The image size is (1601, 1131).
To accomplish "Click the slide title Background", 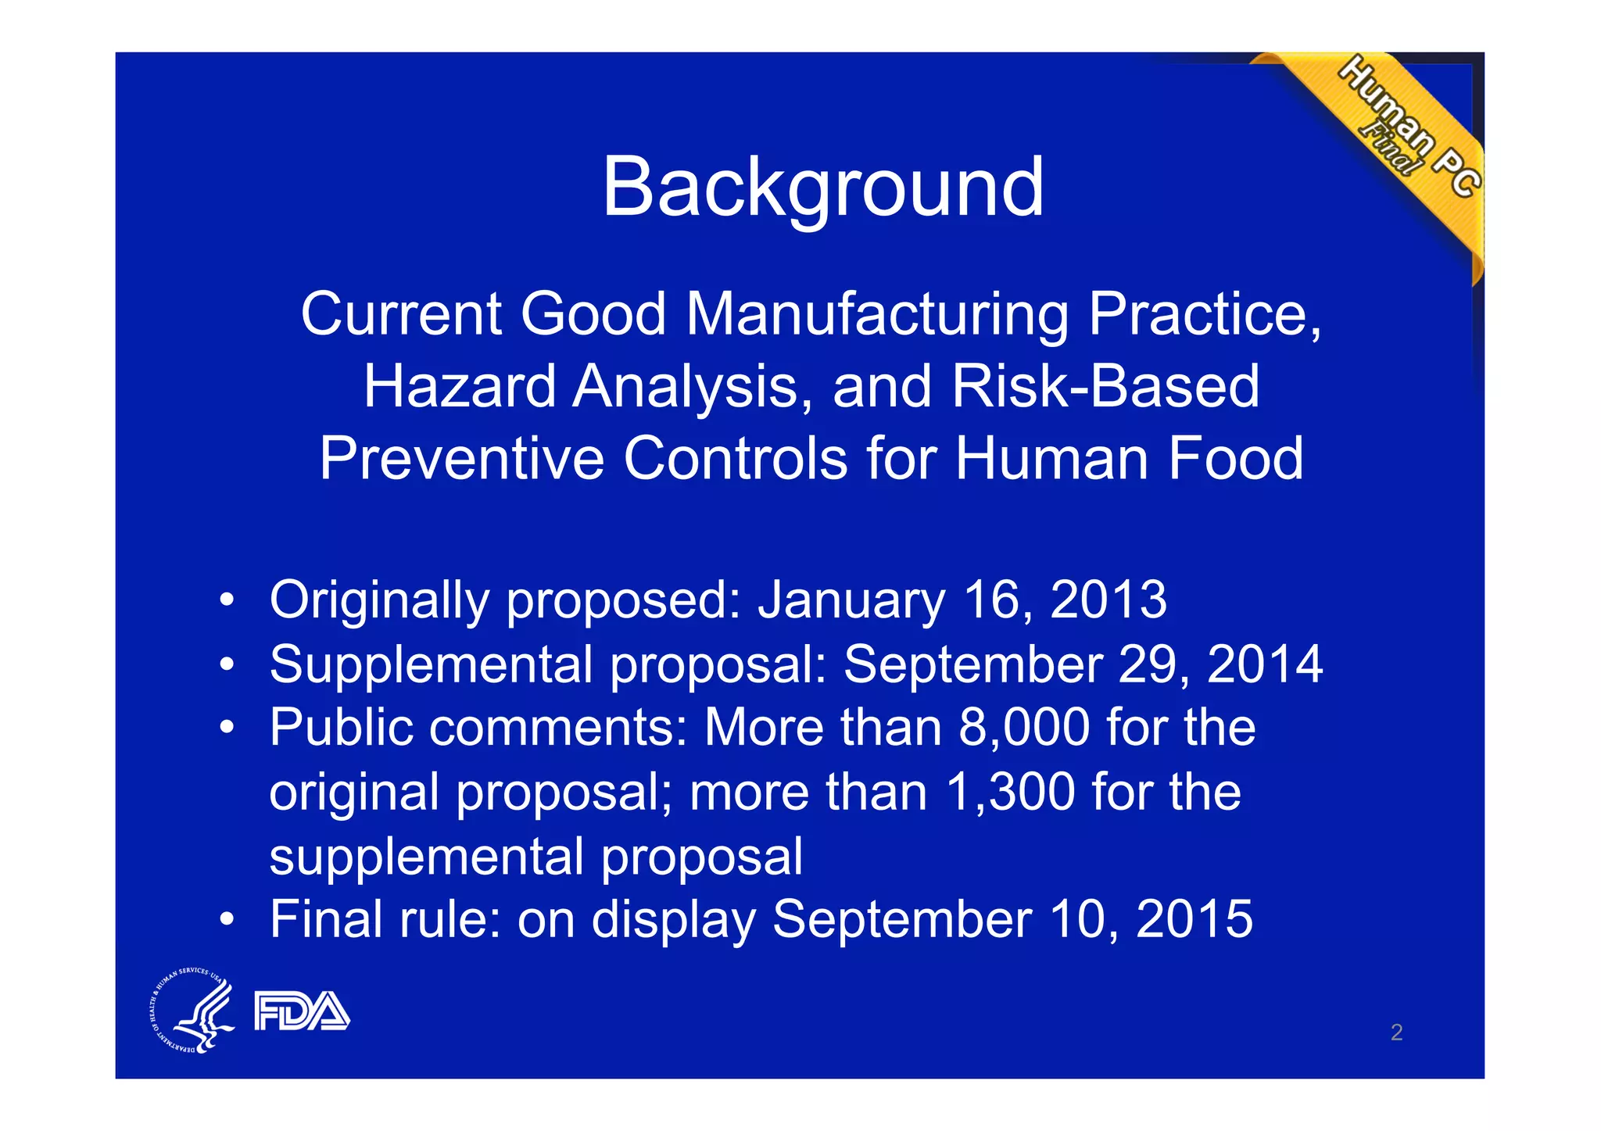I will [822, 188].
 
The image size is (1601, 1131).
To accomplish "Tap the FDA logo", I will [302, 1011].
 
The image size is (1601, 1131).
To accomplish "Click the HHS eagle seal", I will [192, 1011].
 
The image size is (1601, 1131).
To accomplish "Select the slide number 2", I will [1396, 1033].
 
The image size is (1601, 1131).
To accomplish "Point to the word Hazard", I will [460, 386].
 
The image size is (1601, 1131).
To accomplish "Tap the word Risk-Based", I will [1105, 386].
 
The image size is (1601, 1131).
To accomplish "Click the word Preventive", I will [461, 458].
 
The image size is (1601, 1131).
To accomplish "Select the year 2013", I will [1108, 600].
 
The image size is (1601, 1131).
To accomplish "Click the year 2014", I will [1264, 664].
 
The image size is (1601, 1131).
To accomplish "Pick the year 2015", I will [1194, 919].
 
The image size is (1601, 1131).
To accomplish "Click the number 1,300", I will [1010, 792].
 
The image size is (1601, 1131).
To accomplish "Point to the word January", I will [851, 600].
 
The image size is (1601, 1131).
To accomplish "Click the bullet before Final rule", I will [226, 919].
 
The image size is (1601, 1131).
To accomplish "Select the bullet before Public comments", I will [226, 728].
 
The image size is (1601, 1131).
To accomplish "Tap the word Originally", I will [379, 600].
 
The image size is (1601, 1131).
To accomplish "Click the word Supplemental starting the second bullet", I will [431, 664].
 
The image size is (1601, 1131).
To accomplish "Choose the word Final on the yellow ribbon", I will [1388, 149].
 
